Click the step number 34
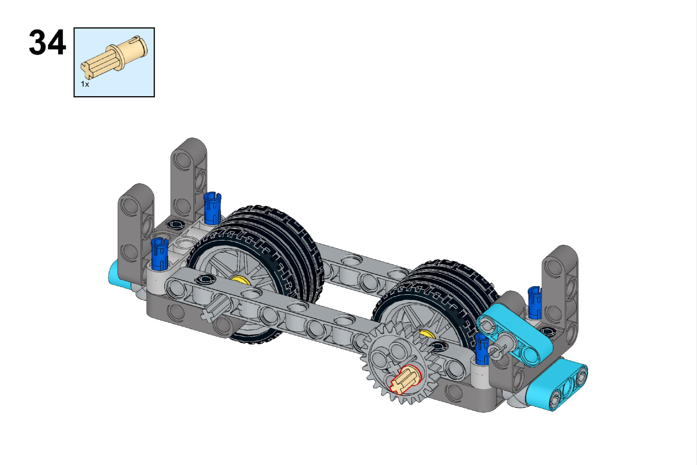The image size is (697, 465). pos(48,43)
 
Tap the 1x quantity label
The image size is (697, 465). pos(85,84)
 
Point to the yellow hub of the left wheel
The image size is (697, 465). pos(240,280)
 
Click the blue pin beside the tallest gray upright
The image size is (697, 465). pos(212,208)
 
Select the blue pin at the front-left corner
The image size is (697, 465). pos(160,254)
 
